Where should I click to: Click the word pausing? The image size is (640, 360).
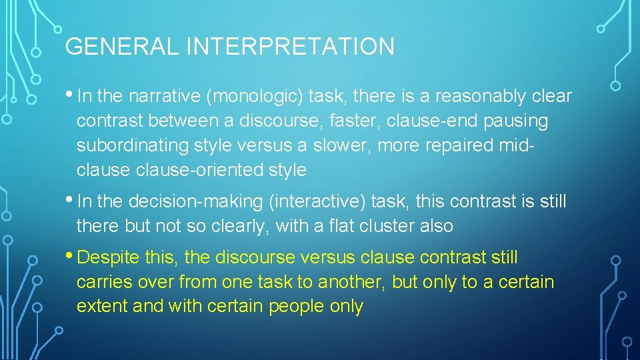[517, 121]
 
